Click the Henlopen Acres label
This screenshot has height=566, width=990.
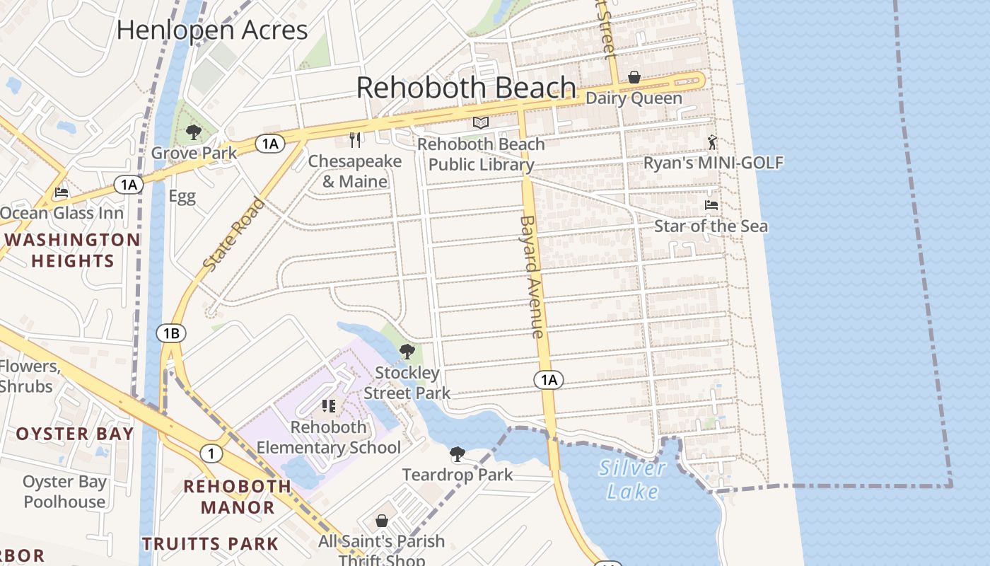pyautogui.click(x=212, y=30)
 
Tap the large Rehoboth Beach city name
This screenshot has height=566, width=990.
pyautogui.click(x=466, y=88)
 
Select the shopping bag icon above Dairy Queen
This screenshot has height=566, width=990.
pyautogui.click(x=634, y=77)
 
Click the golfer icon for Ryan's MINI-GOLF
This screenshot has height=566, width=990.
pyautogui.click(x=712, y=142)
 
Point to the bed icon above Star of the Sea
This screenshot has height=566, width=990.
pyautogui.click(x=711, y=205)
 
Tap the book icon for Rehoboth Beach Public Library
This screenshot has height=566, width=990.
pyautogui.click(x=481, y=123)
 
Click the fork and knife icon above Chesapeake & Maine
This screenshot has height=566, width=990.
pyautogui.click(x=355, y=140)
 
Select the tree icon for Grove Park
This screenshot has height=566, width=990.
pyautogui.click(x=193, y=132)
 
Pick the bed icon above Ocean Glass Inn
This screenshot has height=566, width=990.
pyautogui.click(x=62, y=192)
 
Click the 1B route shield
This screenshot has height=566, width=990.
pyautogui.click(x=171, y=333)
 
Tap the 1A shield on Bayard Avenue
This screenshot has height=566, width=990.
pyautogui.click(x=549, y=380)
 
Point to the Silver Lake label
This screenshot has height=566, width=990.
pyautogui.click(x=632, y=479)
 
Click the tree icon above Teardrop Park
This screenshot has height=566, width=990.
pyautogui.click(x=458, y=454)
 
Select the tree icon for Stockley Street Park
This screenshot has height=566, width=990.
pyautogui.click(x=407, y=351)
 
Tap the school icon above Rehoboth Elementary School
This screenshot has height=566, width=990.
pyautogui.click(x=329, y=406)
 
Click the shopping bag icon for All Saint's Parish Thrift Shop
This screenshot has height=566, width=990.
pyautogui.click(x=382, y=521)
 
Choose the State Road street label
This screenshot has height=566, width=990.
pyautogui.click(x=234, y=234)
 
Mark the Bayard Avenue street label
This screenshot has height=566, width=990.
pyautogui.click(x=532, y=276)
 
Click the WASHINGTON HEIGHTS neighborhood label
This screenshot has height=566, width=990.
pyautogui.click(x=73, y=250)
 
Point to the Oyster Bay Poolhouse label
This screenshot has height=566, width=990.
pyautogui.click(x=64, y=492)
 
